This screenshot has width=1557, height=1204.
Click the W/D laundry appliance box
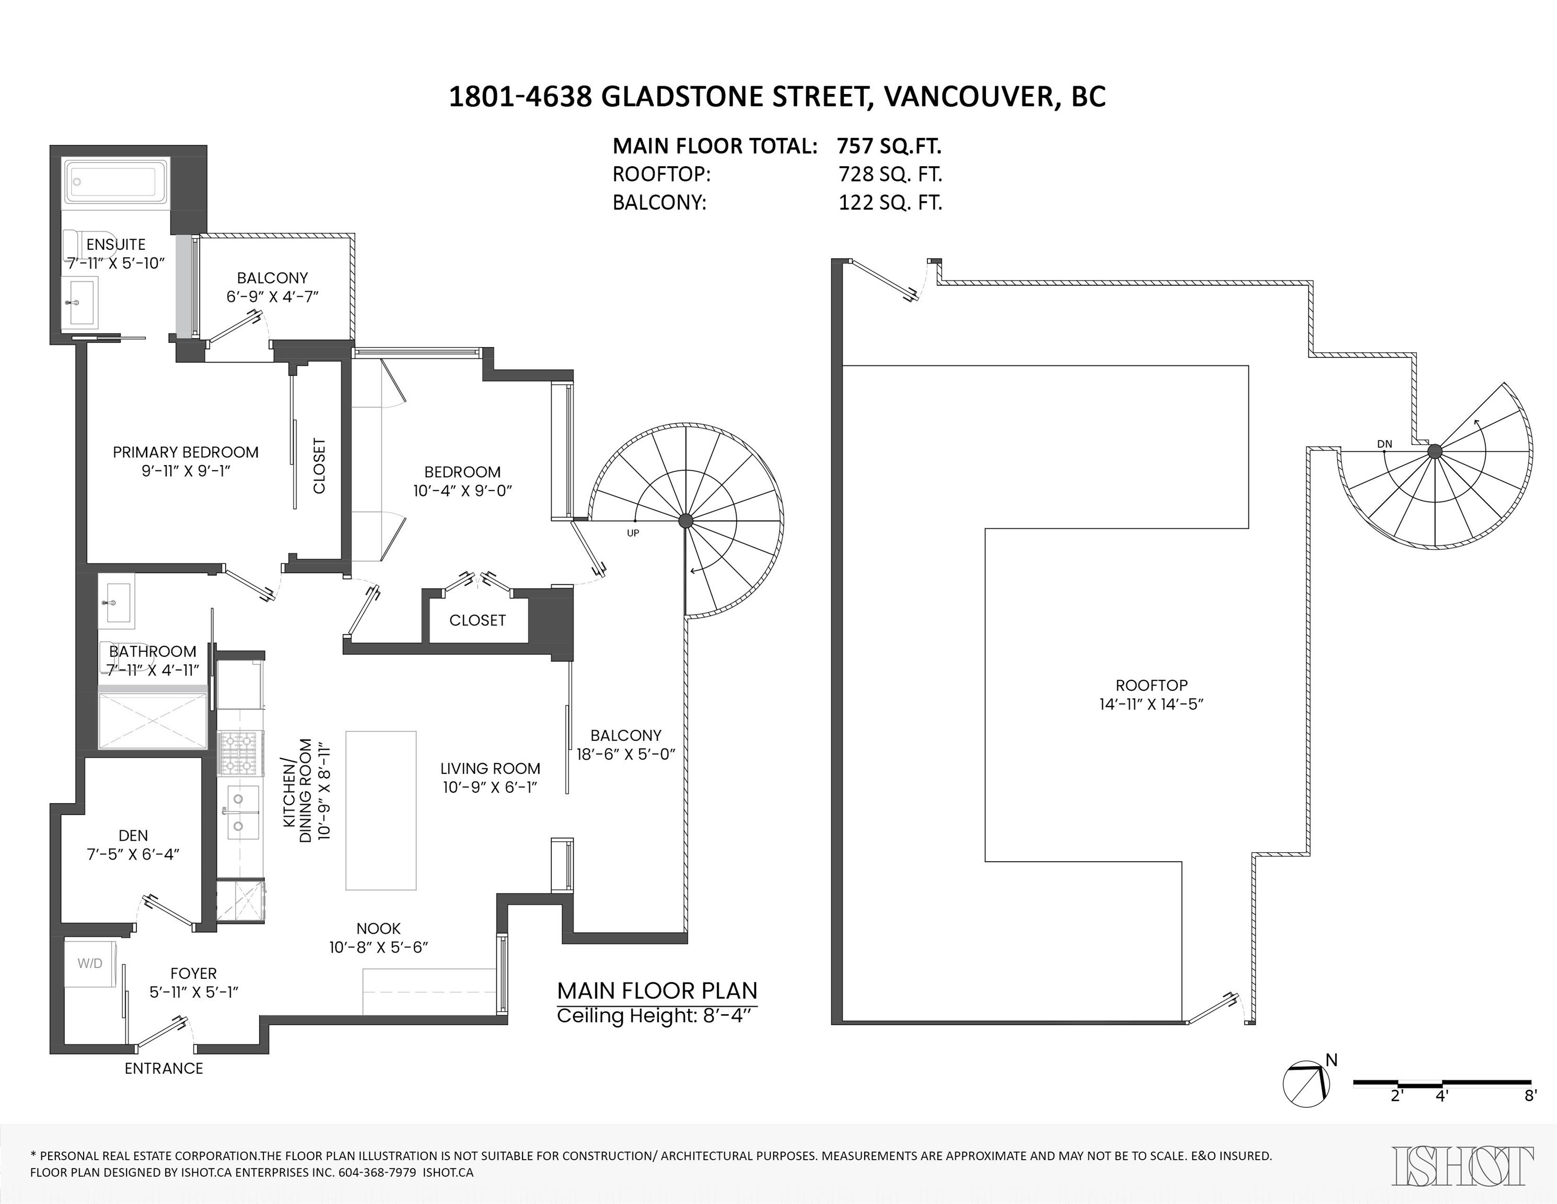[90, 964]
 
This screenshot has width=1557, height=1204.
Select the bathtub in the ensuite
[115, 182]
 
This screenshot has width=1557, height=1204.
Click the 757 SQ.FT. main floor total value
[889, 146]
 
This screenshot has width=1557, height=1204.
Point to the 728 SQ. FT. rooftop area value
[890, 175]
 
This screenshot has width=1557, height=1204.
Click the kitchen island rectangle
[381, 810]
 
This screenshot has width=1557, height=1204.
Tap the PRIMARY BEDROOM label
[185, 452]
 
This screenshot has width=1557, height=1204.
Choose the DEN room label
[133, 836]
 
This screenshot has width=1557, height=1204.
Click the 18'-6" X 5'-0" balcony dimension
[625, 754]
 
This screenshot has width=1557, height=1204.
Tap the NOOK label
[379, 928]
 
